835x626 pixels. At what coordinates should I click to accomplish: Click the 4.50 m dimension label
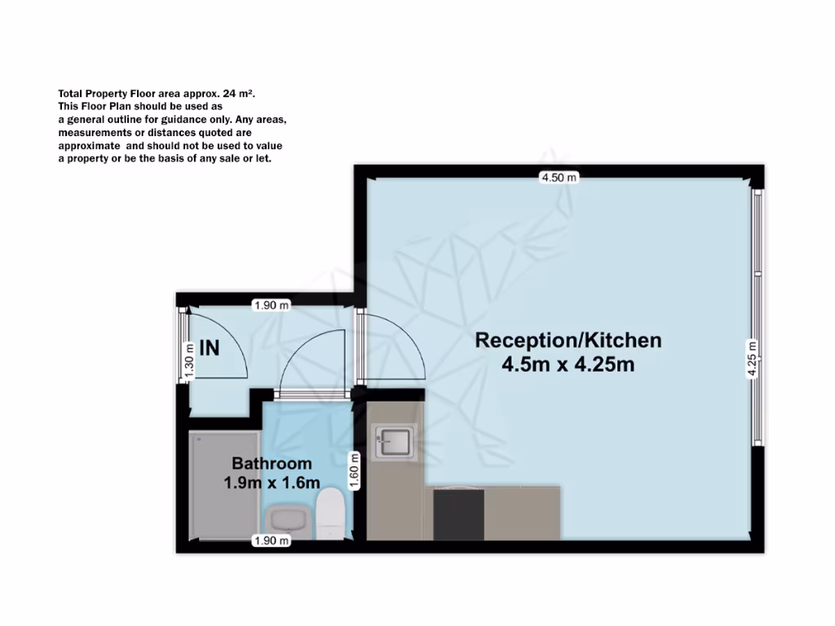tap(559, 177)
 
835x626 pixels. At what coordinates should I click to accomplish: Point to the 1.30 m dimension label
tap(189, 359)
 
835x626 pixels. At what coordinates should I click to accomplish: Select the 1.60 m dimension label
tap(355, 470)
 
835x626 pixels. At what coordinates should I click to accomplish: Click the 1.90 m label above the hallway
tap(272, 306)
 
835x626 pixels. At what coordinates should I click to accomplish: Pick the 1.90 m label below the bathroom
tap(272, 540)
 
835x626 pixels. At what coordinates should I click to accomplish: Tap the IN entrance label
tap(210, 348)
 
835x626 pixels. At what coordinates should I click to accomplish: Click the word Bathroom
tap(272, 465)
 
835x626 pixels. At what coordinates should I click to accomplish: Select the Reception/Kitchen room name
tap(568, 340)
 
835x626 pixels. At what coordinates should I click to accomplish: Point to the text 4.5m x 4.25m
tap(568, 364)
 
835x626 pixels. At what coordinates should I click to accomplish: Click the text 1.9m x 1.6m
tap(272, 483)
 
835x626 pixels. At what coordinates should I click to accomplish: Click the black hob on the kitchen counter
tap(458, 514)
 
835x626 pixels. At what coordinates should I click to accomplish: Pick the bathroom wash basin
tap(286, 518)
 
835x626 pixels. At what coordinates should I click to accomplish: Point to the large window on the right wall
tap(758, 318)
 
